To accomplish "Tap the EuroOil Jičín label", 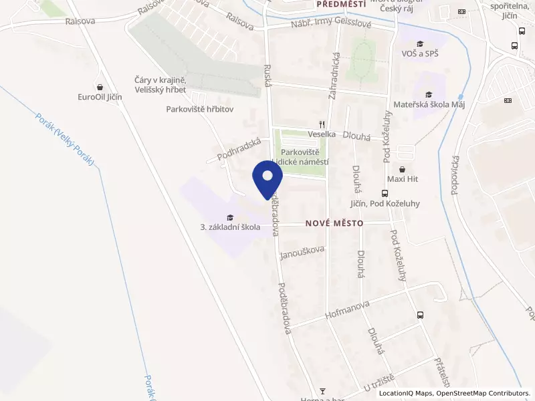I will [x=100, y=97].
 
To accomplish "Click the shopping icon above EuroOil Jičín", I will [x=100, y=87].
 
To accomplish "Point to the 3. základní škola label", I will [x=230, y=227].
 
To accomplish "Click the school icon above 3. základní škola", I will [x=230, y=217].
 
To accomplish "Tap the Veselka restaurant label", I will [x=322, y=134].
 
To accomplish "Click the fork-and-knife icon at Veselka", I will [x=322, y=124].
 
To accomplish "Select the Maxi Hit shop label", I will [x=402, y=179].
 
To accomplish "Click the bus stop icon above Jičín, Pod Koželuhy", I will [x=393, y=193].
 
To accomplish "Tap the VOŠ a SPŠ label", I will [x=419, y=53].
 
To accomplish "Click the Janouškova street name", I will [x=302, y=249].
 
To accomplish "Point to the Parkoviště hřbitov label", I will [x=200, y=110].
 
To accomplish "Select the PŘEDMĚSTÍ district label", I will [x=341, y=4].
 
